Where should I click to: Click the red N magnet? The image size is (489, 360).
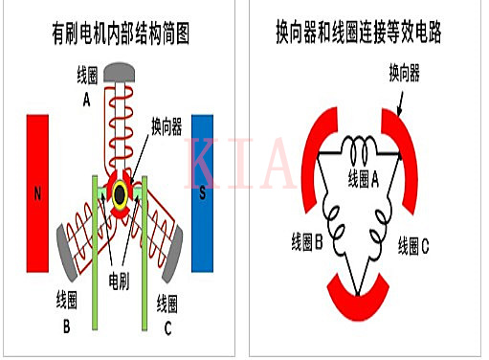tap(37, 192)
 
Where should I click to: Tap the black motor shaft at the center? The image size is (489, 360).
tap(121, 194)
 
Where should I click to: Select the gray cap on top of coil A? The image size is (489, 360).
tap(122, 72)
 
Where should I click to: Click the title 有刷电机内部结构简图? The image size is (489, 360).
tap(121, 36)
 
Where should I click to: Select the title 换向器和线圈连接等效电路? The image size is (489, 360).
tap(368, 36)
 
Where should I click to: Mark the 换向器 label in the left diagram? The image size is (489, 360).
tap(168, 127)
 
